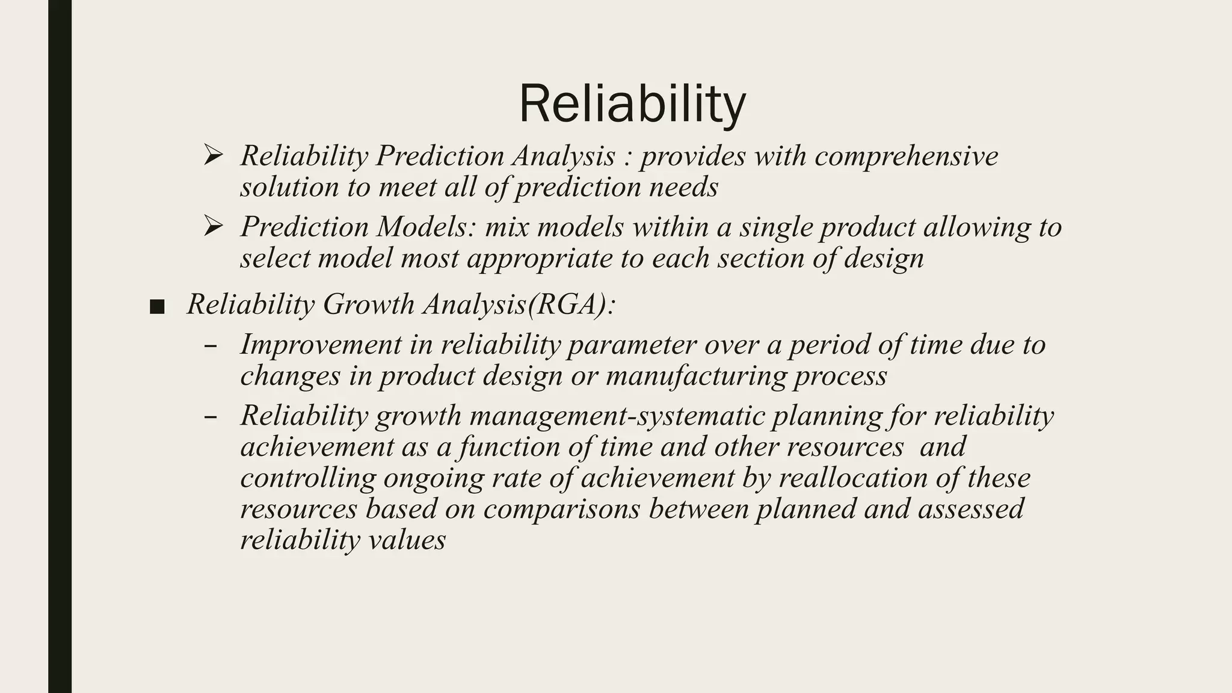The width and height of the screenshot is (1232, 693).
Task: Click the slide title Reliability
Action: [632, 105]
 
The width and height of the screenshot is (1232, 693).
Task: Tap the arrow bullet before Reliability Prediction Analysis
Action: [213, 155]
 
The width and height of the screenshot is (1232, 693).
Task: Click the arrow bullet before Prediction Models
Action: [213, 226]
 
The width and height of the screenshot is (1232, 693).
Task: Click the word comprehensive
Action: [906, 156]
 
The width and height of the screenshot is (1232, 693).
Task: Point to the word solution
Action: [289, 187]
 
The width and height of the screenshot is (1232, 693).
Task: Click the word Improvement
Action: [321, 345]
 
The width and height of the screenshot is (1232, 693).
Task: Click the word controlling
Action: [308, 478]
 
